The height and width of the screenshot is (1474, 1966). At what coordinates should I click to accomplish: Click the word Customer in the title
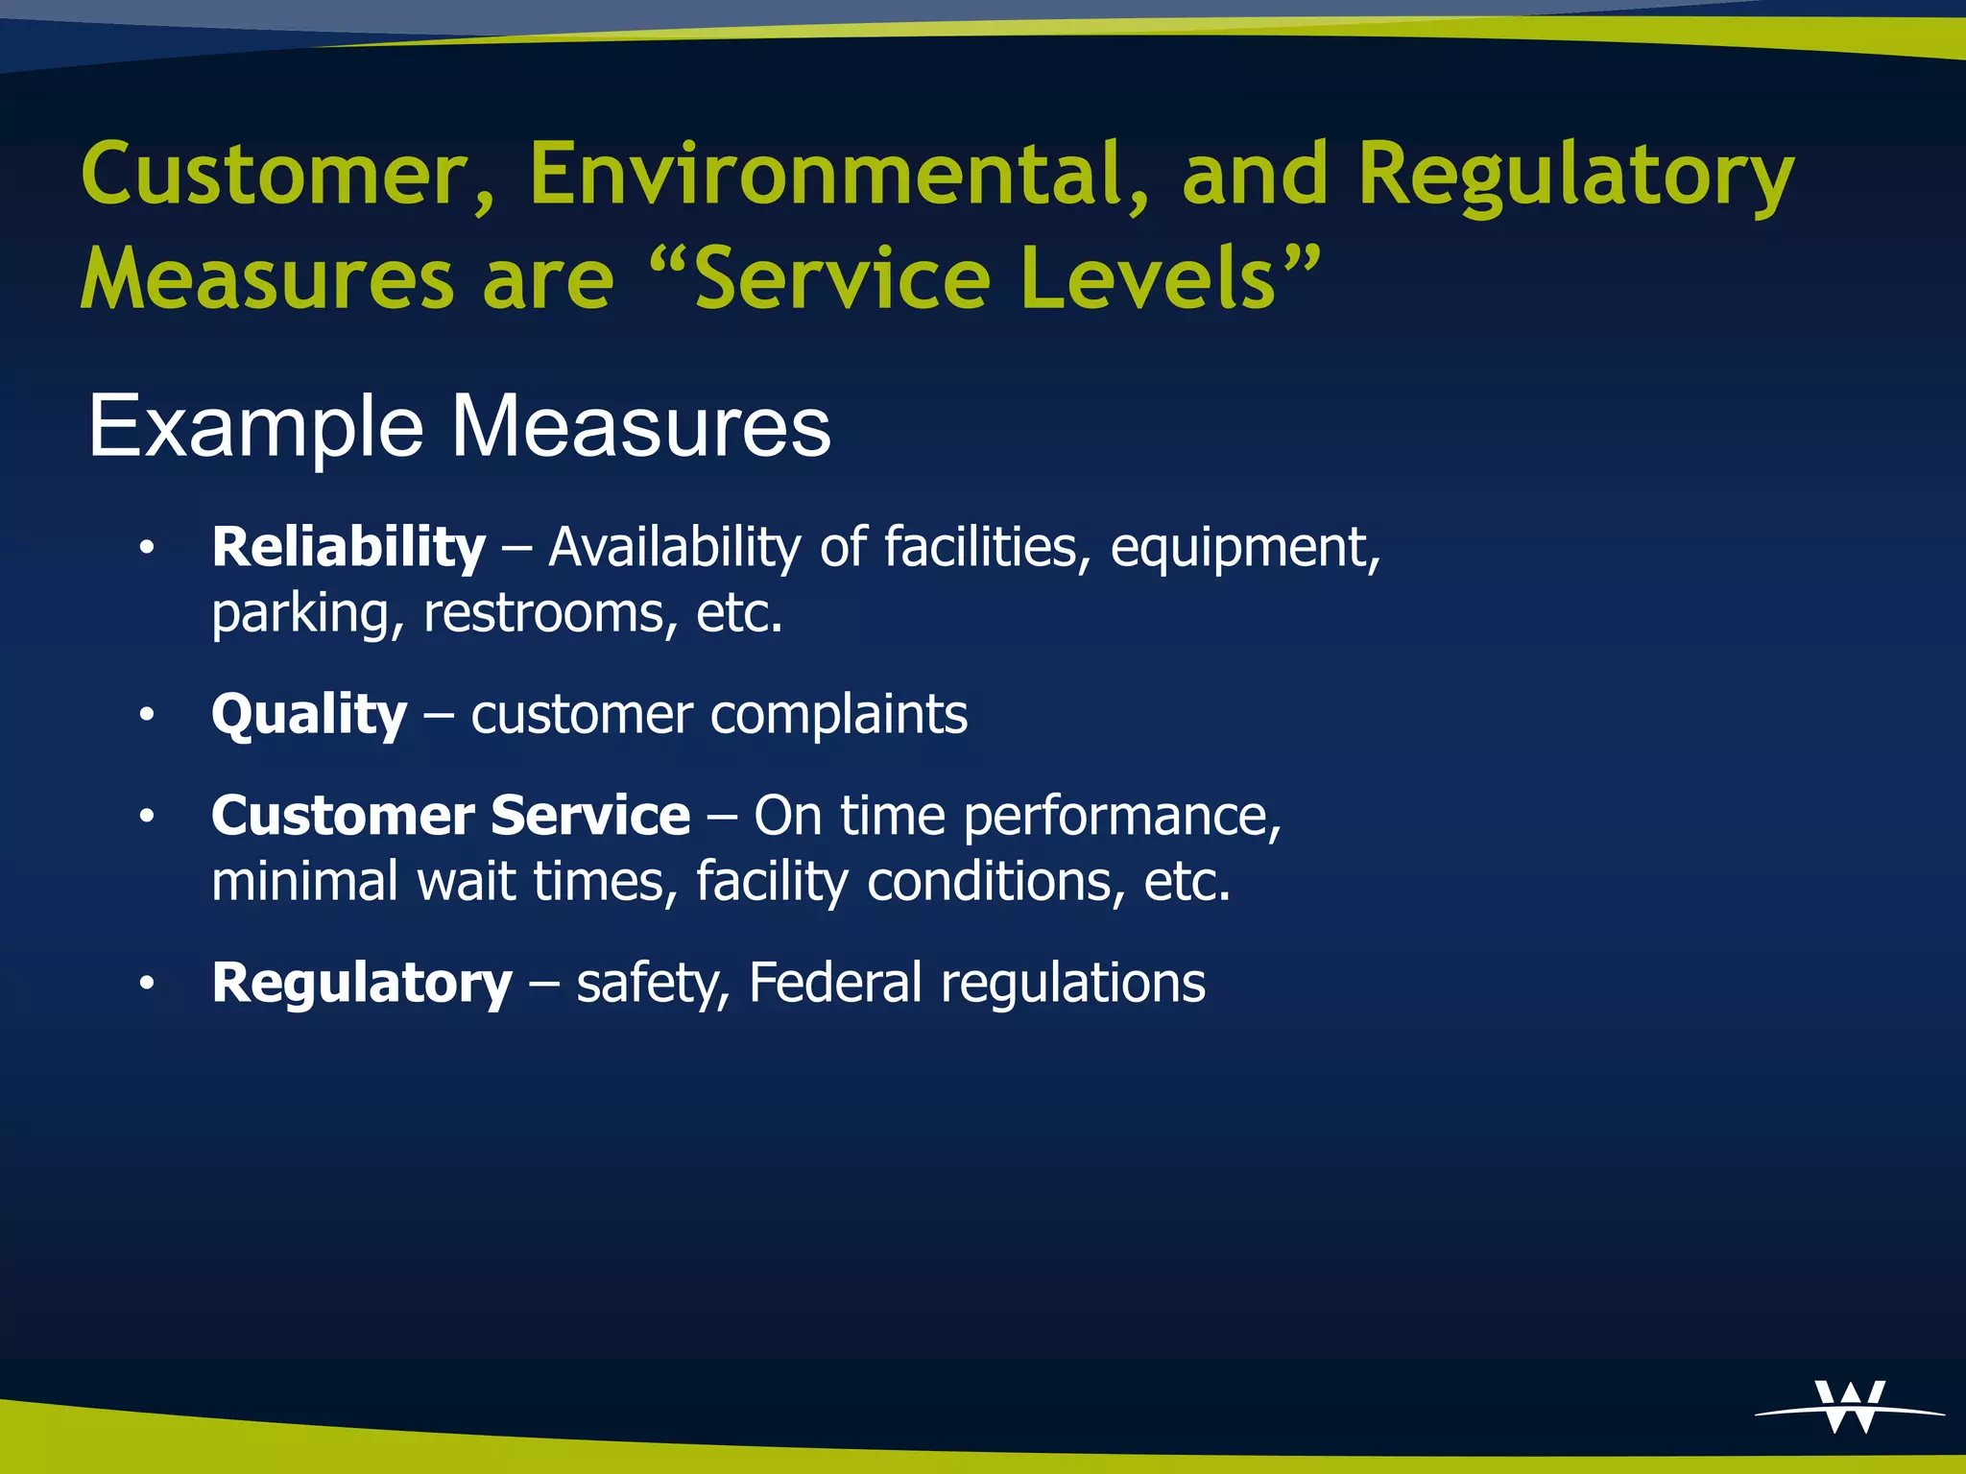(x=288, y=176)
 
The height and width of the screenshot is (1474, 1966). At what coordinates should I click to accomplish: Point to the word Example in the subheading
(x=255, y=427)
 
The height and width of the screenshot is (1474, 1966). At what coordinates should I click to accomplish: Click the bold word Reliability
(x=348, y=548)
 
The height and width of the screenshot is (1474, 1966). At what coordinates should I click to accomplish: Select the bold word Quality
(x=309, y=716)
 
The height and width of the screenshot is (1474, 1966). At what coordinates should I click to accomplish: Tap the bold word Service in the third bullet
(x=589, y=816)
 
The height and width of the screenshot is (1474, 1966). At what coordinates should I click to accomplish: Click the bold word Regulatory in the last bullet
(x=362, y=984)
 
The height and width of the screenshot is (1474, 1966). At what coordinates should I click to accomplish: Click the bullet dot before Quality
(x=146, y=715)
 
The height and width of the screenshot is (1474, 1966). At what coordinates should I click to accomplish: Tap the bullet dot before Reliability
(x=146, y=548)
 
